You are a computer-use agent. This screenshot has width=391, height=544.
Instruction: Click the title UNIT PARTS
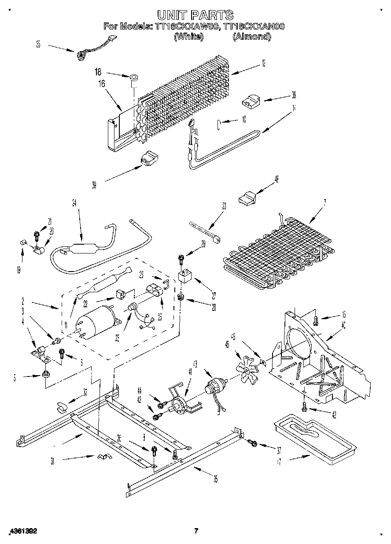pyautogui.click(x=195, y=16)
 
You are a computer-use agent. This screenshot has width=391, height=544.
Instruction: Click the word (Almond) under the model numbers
pyautogui.click(x=251, y=37)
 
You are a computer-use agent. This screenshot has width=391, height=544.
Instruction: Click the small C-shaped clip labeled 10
pyautogui.click(x=218, y=124)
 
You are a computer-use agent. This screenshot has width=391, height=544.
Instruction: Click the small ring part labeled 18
pyautogui.click(x=133, y=79)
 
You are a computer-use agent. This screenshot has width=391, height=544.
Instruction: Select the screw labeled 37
pyautogui.click(x=252, y=442)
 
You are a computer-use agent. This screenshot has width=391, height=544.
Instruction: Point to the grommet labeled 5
pyautogui.click(x=45, y=375)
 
